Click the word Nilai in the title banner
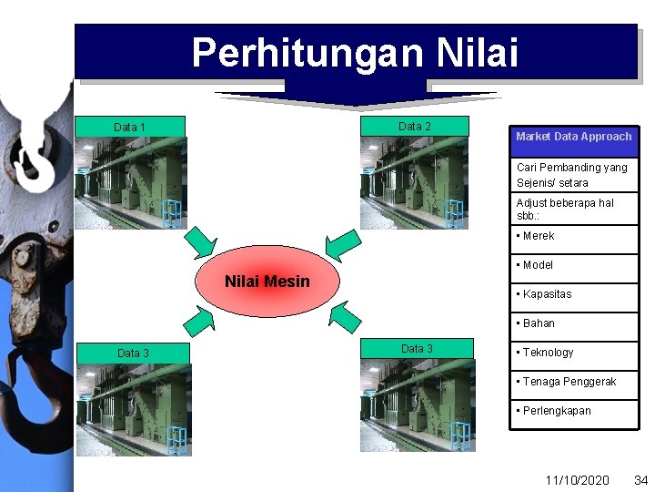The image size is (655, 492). coord(477,53)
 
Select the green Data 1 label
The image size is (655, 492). coord(130,127)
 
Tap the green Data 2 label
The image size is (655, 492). coord(415,126)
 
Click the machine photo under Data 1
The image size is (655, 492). coord(130,183)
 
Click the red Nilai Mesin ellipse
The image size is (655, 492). coord(267,282)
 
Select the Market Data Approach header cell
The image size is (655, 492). coord(573,137)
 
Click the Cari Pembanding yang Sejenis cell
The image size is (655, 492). coord(573,175)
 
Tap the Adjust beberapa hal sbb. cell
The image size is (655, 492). coord(573,210)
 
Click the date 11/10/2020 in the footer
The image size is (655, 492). coord(577,479)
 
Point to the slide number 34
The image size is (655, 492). coord(640,479)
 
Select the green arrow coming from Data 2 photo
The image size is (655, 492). coord(343,244)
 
